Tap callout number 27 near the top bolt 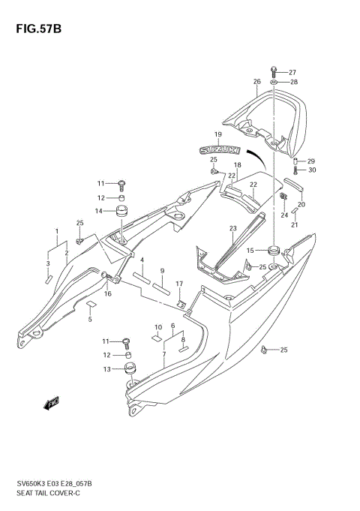point(292,72)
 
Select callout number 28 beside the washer point(294,82)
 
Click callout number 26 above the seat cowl point(256,82)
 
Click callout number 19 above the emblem point(217,135)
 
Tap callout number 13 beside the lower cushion point(106,368)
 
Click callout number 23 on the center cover point(232,228)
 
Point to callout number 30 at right point(312,170)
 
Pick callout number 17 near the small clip point(179,283)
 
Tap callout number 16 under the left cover point(107,293)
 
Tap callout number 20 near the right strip point(301,205)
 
